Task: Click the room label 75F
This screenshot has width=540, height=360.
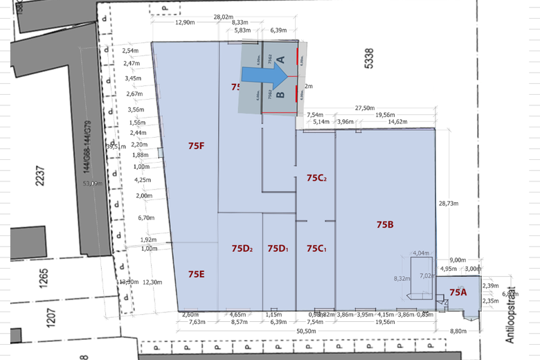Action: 196,146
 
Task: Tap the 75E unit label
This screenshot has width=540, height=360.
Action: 196,274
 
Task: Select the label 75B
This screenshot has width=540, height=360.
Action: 385,224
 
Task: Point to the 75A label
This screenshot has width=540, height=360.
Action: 458,293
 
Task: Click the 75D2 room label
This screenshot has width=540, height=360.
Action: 242,249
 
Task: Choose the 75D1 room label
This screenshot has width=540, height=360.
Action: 278,249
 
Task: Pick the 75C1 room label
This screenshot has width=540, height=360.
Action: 316,249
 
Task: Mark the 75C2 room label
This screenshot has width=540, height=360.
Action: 316,178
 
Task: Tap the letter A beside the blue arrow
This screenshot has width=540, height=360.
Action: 281,60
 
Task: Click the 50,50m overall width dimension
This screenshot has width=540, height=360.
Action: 306,332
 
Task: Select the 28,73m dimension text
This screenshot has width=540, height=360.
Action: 449,204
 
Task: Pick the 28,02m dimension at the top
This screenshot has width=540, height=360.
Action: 224,17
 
